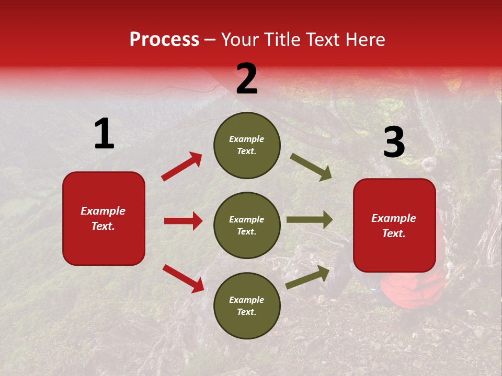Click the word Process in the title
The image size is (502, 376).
tap(164, 40)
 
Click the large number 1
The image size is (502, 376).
tap(104, 134)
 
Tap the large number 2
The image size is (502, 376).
tap(247, 79)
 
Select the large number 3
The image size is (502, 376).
tap(394, 143)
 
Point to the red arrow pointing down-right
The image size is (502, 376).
tap(183, 278)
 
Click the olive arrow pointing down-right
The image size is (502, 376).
tap(311, 167)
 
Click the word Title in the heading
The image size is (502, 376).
tap(283, 40)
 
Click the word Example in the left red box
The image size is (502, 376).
tap(103, 211)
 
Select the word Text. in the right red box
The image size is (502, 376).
tap(394, 233)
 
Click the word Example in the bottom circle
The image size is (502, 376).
tap(247, 300)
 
